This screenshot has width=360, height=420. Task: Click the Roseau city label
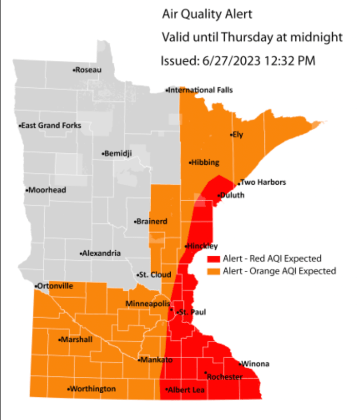click(88, 69)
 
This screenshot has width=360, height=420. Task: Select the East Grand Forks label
click(50, 125)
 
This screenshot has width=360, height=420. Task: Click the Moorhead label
click(47, 190)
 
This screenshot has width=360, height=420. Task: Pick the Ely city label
click(237, 135)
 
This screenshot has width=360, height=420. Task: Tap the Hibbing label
click(205, 162)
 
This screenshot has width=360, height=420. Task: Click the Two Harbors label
click(263, 182)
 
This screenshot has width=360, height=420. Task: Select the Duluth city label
click(232, 195)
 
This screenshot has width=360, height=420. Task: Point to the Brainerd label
click(151, 221)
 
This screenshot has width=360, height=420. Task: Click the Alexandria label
click(101, 253)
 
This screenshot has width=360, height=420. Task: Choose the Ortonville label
click(55, 286)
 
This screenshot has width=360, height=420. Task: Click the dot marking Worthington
click(69, 389)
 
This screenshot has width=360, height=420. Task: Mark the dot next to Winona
click(240, 364)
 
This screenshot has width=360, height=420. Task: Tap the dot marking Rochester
click(206, 373)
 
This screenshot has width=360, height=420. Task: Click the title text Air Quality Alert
click(207, 14)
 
